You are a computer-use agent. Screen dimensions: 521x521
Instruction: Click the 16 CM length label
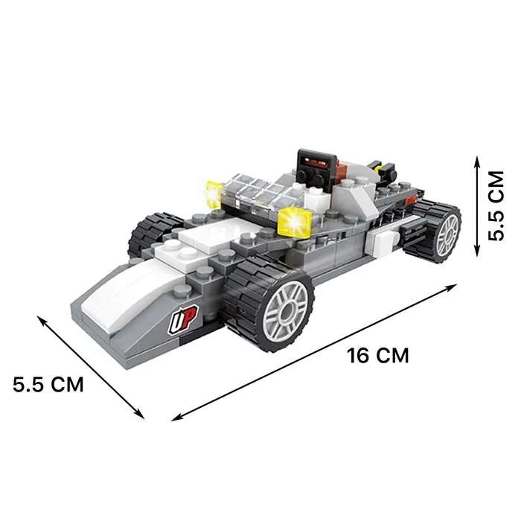378,355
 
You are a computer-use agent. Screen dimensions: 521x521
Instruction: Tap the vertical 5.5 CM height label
496,205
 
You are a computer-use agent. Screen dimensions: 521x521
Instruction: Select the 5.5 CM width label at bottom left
48,385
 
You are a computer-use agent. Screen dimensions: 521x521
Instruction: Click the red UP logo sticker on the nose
183,319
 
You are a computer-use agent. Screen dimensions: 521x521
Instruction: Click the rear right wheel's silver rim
447,235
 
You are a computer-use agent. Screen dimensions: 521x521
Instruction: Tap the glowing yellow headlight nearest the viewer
294,221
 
